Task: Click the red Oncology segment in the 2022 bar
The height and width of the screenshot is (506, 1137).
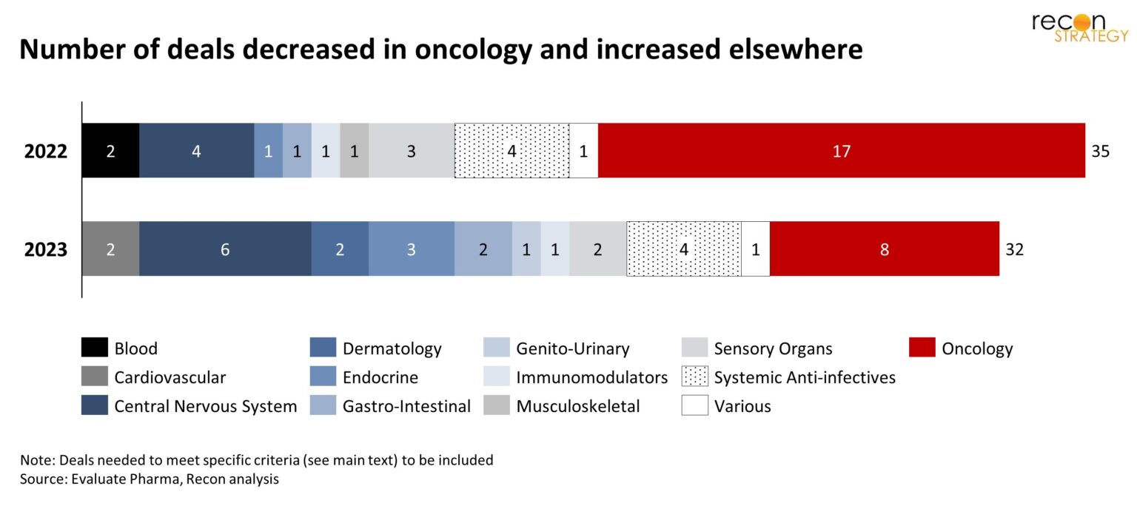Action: coord(841,151)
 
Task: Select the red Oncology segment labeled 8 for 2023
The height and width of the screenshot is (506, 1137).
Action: coord(884,249)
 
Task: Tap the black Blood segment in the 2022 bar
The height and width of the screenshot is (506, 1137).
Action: coord(110,151)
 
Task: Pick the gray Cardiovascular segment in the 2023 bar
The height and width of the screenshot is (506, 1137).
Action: coord(110,249)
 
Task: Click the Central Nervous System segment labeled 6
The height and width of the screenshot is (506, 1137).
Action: coord(225,249)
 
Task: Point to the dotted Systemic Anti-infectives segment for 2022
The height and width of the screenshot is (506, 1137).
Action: coord(512,151)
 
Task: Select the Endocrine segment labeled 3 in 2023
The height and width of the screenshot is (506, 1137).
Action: coord(412,249)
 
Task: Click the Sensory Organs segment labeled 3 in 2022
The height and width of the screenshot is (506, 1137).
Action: coord(412,151)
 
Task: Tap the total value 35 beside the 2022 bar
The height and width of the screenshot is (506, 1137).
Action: coord(1100,152)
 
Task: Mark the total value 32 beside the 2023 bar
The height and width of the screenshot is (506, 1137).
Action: coord(1014,250)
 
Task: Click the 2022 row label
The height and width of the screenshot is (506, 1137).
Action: coord(46,152)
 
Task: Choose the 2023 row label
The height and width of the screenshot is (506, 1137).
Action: coord(46,250)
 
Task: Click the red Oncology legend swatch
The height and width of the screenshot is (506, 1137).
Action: coord(922,348)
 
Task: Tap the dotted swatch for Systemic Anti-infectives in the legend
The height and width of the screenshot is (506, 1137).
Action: coord(694,377)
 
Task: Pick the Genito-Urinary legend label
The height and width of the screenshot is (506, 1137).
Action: coord(572,348)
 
